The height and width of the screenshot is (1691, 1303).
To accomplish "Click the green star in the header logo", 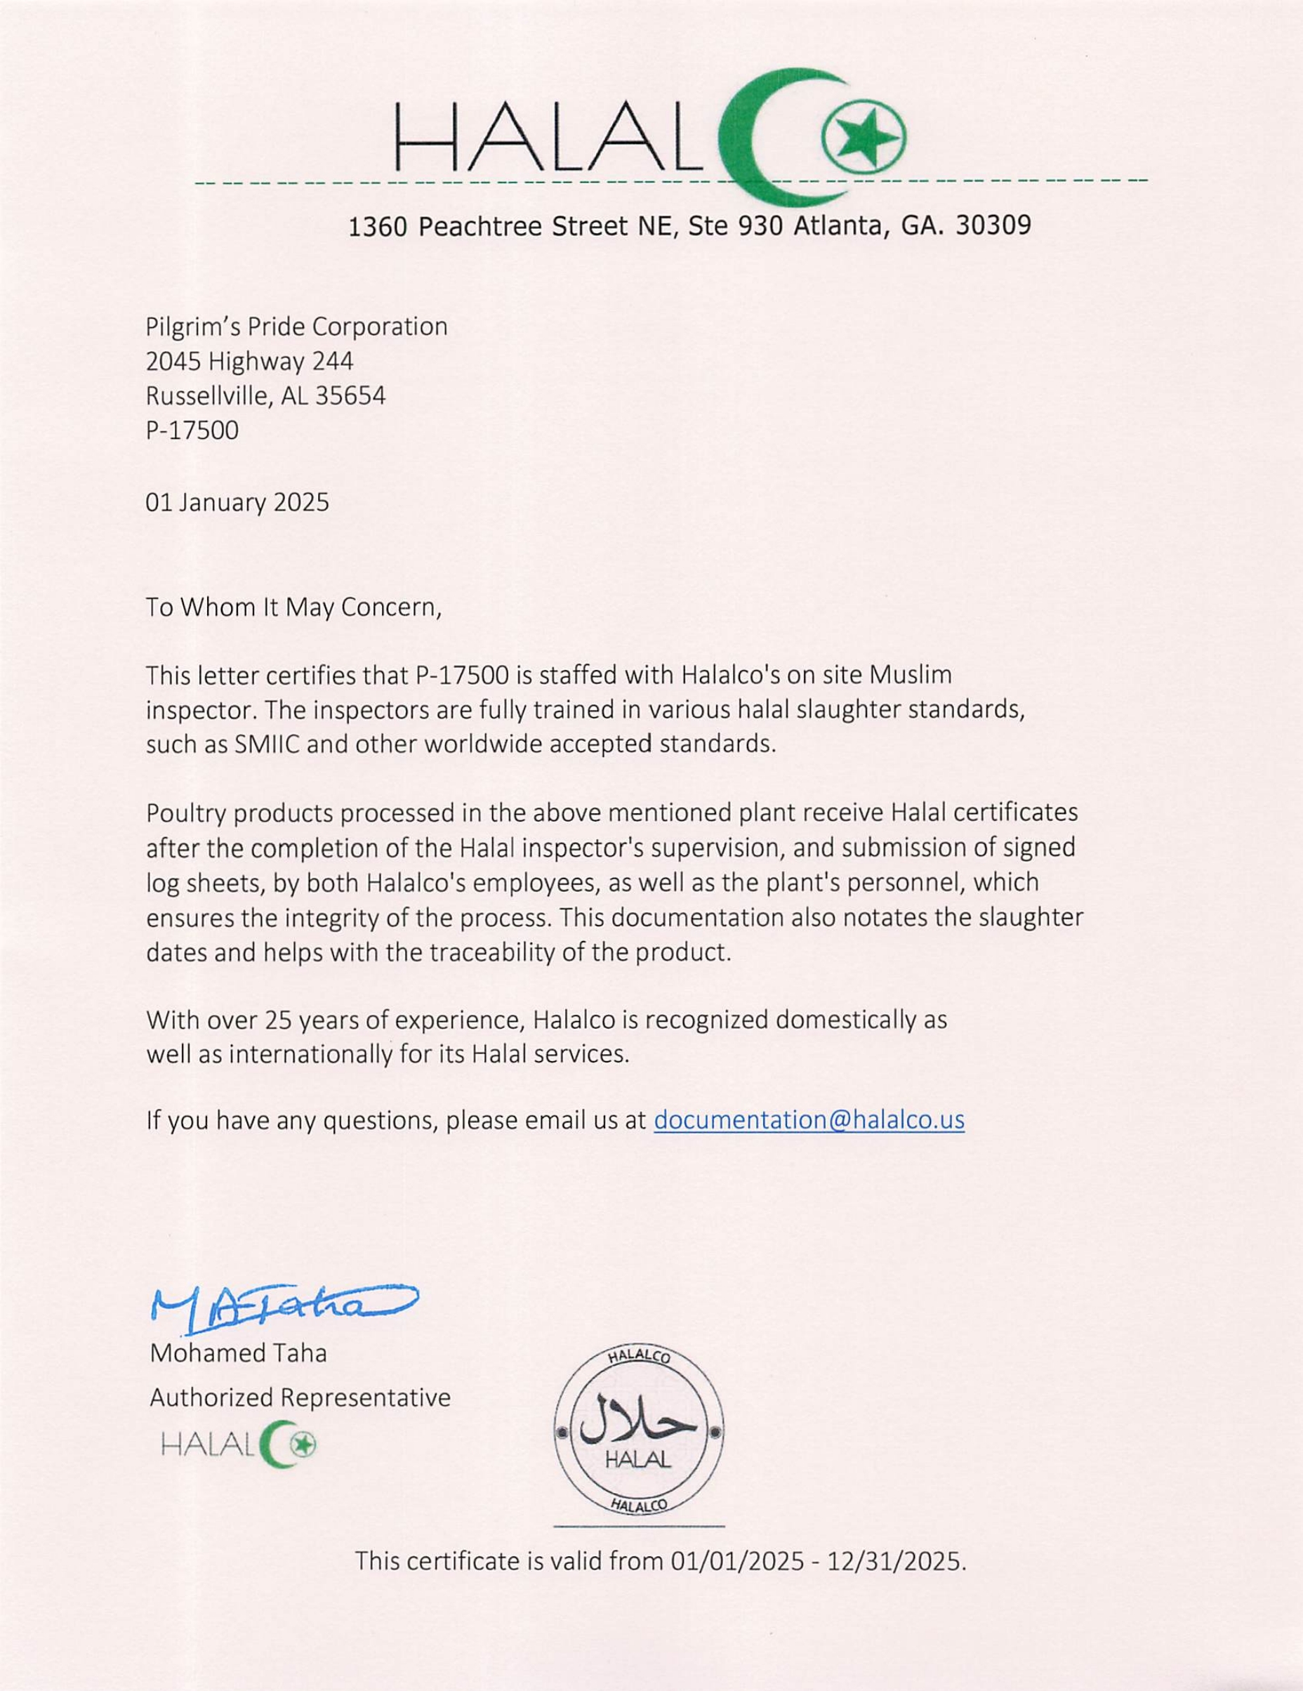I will [x=864, y=139].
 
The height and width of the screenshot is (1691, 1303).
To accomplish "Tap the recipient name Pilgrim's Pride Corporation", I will [x=296, y=327].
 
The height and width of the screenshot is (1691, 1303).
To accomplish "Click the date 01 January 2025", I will [x=237, y=503].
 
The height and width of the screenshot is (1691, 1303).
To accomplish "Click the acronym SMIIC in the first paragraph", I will [x=269, y=744].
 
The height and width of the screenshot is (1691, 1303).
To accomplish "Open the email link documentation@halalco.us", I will [x=809, y=1120].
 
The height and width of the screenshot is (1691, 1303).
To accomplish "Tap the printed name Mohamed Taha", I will [x=238, y=1353].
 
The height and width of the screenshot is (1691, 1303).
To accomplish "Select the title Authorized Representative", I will [x=300, y=1397].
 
